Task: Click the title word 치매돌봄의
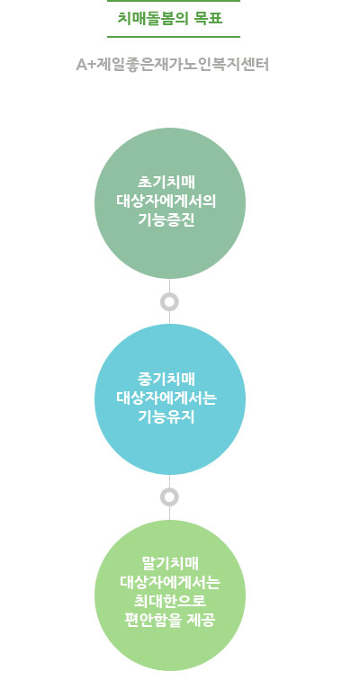(150, 19)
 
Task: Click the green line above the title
(174, 1)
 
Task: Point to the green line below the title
(174, 37)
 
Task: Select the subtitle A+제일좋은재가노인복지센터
(173, 65)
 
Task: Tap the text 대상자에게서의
(166, 201)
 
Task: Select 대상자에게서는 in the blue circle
(166, 398)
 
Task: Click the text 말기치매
(170, 563)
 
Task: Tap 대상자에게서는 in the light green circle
(170, 583)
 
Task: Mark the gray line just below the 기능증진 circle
(169, 285)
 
